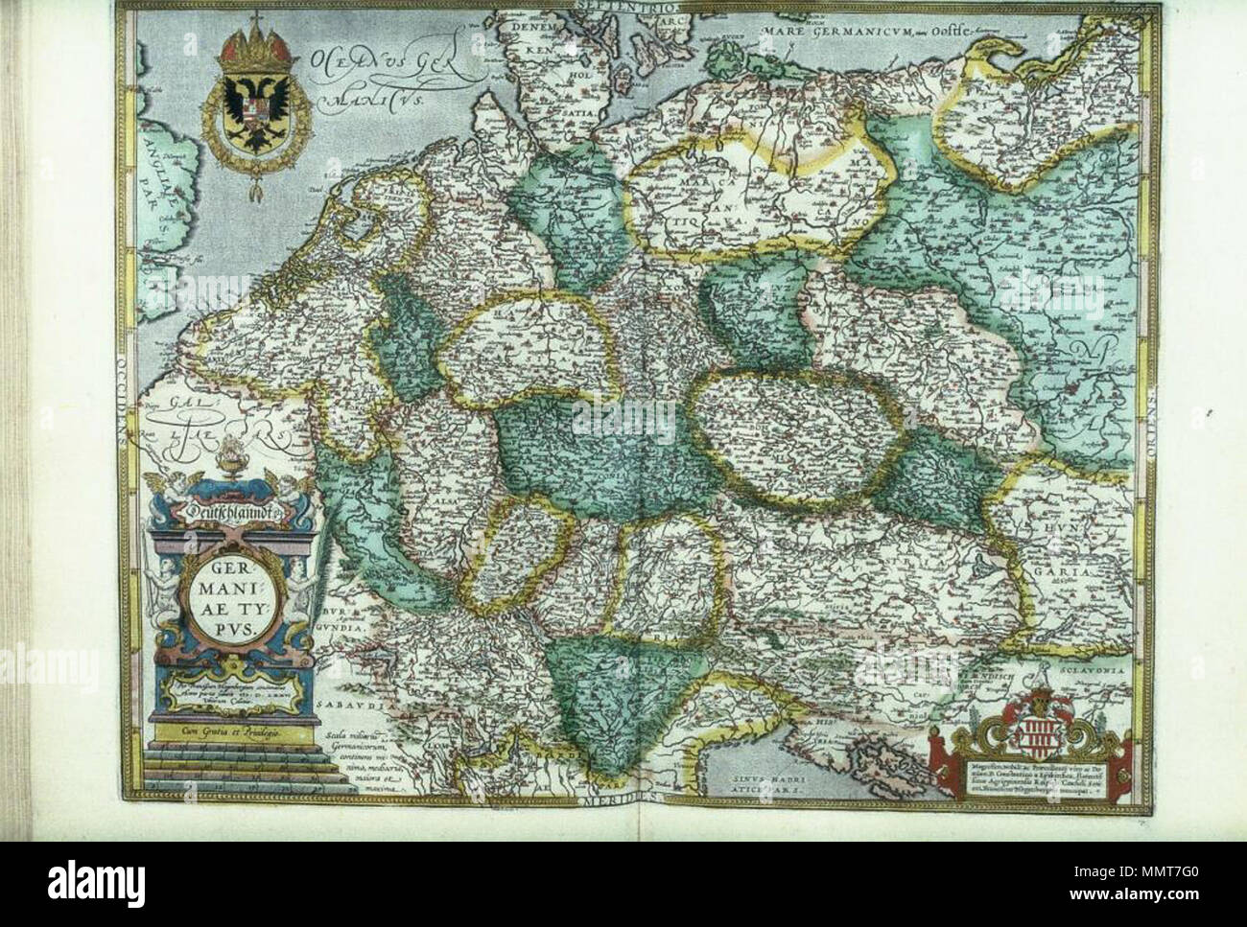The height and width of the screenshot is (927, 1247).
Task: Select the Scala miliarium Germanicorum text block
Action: [333, 763]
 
